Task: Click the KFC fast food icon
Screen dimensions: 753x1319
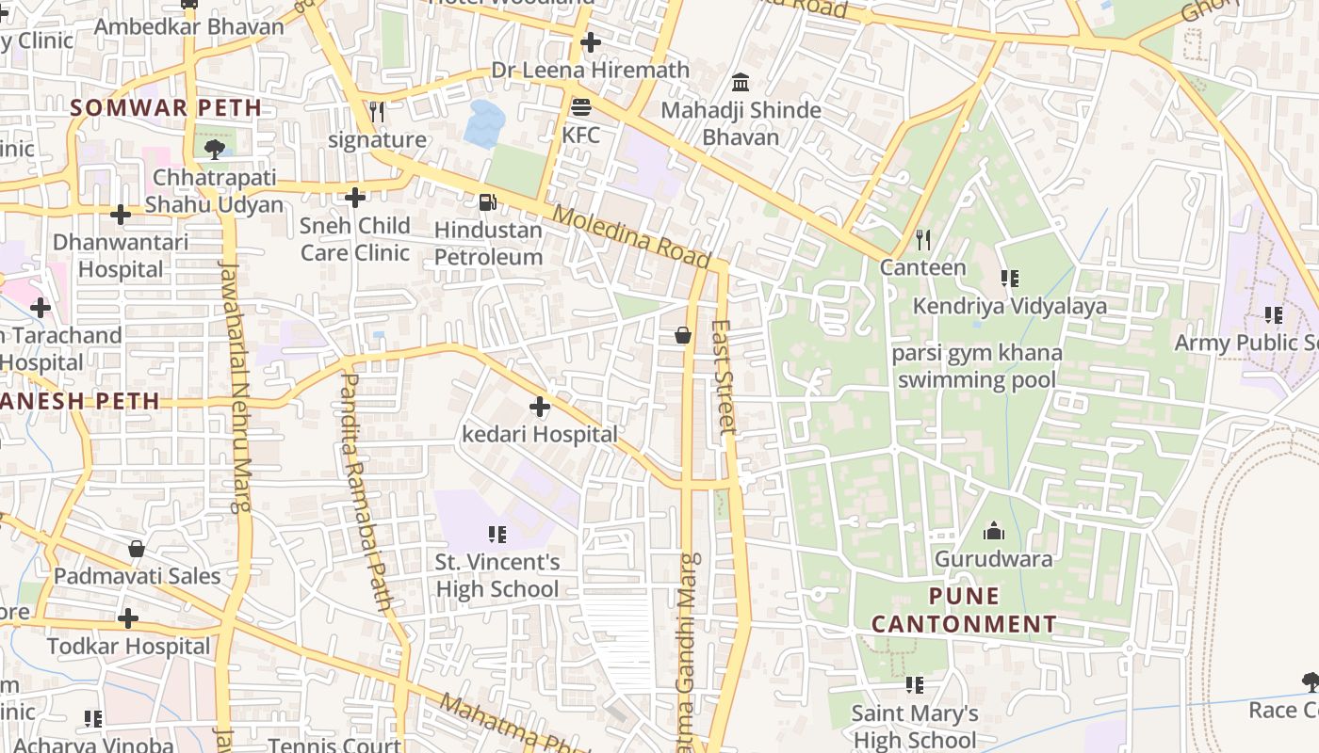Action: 581,108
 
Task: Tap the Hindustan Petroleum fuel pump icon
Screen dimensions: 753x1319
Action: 487,201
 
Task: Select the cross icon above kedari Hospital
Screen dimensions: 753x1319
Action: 540,407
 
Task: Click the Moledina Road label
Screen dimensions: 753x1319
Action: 630,236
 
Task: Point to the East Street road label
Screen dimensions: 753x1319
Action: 723,376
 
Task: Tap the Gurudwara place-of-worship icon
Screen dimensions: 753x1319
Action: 993,532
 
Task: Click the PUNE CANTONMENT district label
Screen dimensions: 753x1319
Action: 964,610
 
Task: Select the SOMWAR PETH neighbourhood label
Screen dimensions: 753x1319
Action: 166,107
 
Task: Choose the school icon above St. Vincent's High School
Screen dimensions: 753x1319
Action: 497,535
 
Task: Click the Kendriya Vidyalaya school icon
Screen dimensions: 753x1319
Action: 1009,279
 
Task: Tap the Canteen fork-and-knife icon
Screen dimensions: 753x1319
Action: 923,240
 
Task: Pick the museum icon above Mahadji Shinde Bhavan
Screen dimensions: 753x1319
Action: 741,83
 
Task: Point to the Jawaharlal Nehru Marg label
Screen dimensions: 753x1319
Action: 236,386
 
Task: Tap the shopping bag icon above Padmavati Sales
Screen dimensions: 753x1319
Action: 137,549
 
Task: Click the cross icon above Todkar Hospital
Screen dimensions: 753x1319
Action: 128,618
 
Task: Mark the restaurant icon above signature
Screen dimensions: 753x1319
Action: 377,113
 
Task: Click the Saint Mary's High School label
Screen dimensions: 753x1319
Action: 914,727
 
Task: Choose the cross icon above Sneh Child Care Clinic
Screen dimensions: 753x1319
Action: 355,198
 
